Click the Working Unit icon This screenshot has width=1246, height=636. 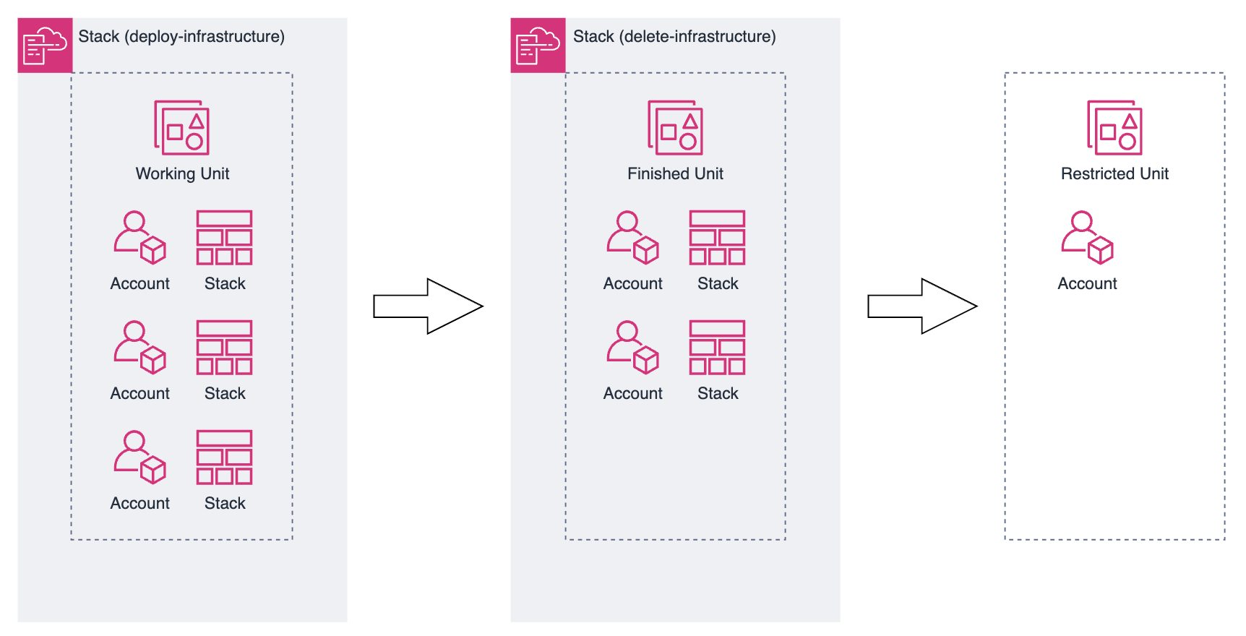[x=181, y=128]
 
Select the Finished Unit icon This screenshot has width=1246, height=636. [x=675, y=128]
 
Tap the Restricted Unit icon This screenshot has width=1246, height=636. [x=1114, y=128]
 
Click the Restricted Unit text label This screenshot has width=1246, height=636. [x=1114, y=173]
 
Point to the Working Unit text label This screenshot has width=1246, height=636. [x=182, y=173]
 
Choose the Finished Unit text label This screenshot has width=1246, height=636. [x=675, y=173]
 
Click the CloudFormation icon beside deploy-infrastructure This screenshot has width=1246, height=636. [x=45, y=45]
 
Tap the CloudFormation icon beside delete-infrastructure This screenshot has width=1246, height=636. [x=538, y=45]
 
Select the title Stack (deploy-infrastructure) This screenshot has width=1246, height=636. [x=181, y=36]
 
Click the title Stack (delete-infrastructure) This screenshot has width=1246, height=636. [x=674, y=36]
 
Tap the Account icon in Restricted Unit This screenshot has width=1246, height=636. [x=1087, y=238]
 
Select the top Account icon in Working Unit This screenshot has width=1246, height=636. [x=139, y=238]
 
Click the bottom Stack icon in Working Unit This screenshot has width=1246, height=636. [x=224, y=457]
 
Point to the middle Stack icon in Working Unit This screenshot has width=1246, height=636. [x=224, y=348]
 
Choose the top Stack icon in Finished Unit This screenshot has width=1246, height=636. [x=717, y=238]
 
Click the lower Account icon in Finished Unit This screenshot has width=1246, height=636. [x=632, y=348]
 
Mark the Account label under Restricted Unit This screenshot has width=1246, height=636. [x=1087, y=283]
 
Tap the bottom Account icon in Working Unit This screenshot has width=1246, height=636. [x=139, y=457]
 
